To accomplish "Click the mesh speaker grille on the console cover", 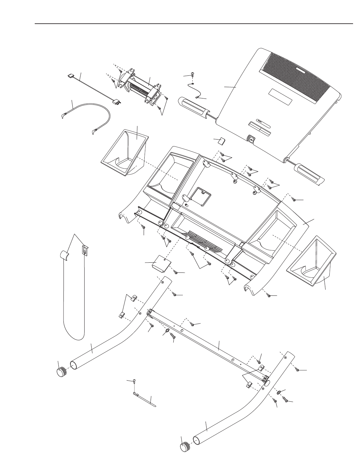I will tap(297, 77).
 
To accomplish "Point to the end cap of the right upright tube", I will tap(185, 448).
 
